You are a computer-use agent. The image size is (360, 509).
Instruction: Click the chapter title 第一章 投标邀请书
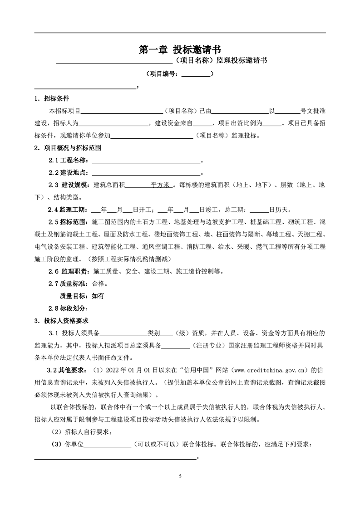tap(180, 49)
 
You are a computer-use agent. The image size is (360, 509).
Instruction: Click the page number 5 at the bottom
tap(180, 476)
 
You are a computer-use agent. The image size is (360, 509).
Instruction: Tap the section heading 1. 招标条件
tap(52, 98)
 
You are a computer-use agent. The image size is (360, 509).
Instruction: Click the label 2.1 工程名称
tap(69, 160)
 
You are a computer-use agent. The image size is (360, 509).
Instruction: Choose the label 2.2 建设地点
tap(69, 172)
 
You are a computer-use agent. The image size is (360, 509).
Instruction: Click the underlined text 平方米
tap(160, 185)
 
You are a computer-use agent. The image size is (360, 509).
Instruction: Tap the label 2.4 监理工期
tap(69, 210)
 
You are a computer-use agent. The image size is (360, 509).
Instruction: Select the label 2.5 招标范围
tap(69, 222)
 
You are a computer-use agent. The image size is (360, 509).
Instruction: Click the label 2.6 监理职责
tap(70, 271)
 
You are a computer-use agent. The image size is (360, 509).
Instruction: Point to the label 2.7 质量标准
tap(69, 284)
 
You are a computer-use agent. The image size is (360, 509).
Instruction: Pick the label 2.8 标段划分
tap(69, 308)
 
